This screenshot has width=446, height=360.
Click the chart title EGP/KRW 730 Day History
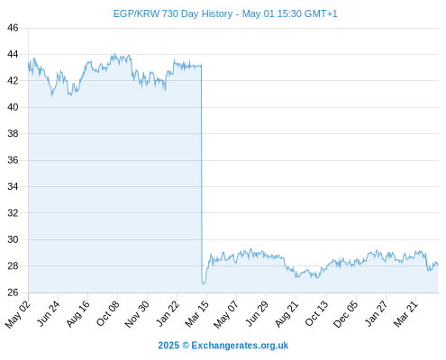point(173,13)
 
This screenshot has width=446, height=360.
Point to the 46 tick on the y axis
point(13,28)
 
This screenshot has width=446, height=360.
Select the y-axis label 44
point(13,54)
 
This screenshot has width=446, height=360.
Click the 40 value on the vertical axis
point(13,107)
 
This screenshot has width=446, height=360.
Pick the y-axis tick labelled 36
point(13,160)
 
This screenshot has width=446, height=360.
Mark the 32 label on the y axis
point(13,213)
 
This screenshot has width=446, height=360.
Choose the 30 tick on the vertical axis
point(13,239)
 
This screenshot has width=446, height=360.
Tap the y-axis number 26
point(13,292)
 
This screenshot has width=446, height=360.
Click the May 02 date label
point(18,314)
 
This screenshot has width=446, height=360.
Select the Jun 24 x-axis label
point(48,313)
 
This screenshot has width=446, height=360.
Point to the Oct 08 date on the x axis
point(107,313)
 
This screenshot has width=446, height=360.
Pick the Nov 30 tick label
point(137,314)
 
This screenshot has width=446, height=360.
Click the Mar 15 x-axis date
point(196,314)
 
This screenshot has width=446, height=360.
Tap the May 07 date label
point(226,314)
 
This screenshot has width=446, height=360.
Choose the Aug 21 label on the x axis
point(287,314)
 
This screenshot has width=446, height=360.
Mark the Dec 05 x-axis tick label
point(346,314)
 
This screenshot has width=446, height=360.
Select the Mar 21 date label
point(405,314)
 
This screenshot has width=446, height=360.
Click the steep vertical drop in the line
point(202,173)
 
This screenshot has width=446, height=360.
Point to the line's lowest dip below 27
point(204,283)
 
